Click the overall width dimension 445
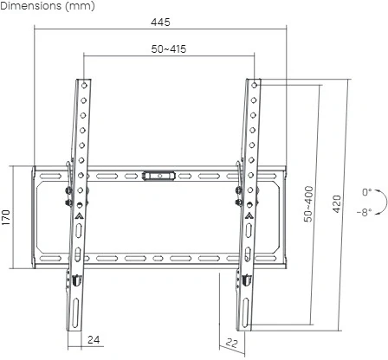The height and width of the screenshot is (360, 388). pyautogui.click(x=158, y=20)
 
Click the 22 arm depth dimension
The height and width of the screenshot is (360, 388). pyautogui.click(x=231, y=344)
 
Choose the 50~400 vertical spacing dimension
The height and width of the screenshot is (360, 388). pyautogui.click(x=309, y=205)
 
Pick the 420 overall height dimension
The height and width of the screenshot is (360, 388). pyautogui.click(x=337, y=205)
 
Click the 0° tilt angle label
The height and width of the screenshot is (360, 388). pyautogui.click(x=366, y=192)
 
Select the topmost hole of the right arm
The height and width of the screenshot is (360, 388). pyautogui.click(x=254, y=87)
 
